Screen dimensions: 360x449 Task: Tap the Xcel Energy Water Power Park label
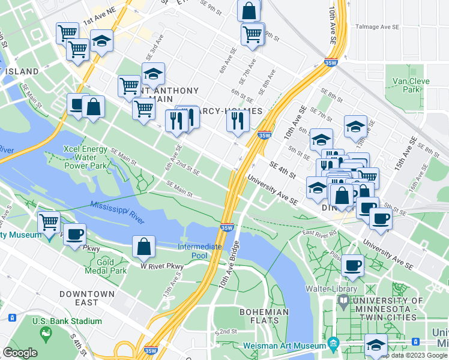[85, 157]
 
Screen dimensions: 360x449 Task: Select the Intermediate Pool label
[200, 251]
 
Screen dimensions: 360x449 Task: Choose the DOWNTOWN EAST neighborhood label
[86, 298]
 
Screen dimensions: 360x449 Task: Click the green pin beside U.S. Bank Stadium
[43, 332]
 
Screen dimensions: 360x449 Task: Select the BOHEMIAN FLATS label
[264, 316]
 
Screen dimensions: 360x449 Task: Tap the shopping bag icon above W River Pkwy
[144, 246]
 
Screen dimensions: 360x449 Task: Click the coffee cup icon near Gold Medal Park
[74, 233]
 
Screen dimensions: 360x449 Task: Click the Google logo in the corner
[20, 353]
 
